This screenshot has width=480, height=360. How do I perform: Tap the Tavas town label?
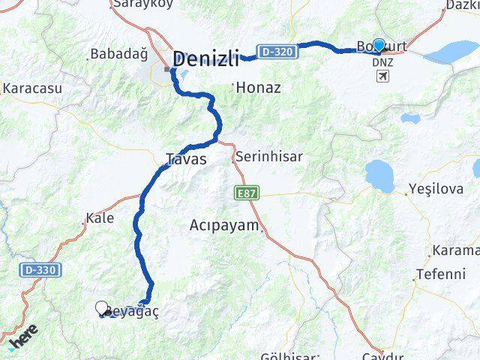tap(185, 159)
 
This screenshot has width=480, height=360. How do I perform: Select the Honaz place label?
tap(258, 88)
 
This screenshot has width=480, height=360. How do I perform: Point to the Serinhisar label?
tap(268, 157)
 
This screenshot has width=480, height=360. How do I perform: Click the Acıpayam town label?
tap(224, 225)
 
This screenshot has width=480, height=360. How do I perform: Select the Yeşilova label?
tap(436, 189)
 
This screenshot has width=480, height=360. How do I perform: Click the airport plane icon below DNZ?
tap(382, 77)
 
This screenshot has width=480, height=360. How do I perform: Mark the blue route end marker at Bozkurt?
tap(379, 45)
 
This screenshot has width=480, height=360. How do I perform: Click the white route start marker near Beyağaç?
tap(101, 307)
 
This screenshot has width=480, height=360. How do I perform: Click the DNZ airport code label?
tap(382, 63)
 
